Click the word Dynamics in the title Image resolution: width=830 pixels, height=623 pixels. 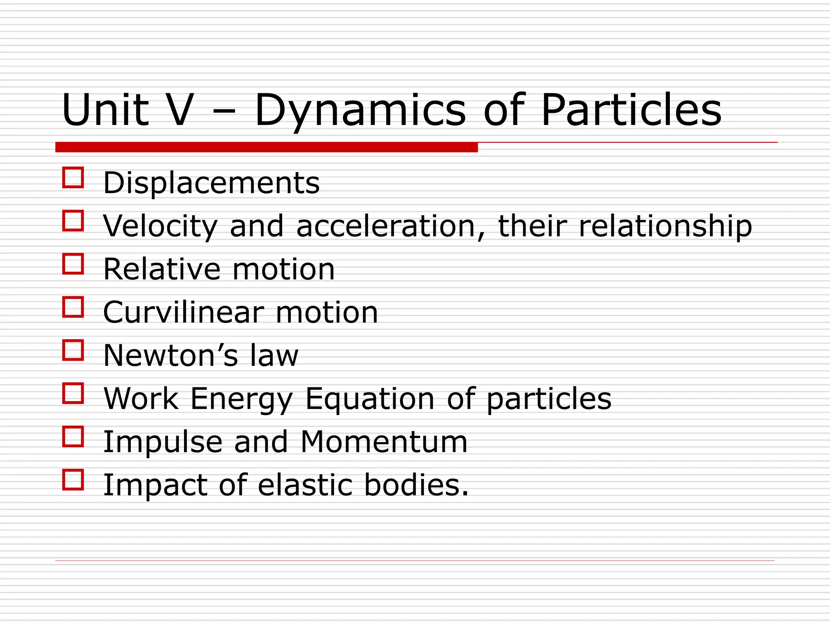(360, 110)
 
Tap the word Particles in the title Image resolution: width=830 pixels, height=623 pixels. (631, 110)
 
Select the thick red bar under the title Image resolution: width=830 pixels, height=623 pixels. (266, 147)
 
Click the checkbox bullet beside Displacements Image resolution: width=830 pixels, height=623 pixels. (73, 178)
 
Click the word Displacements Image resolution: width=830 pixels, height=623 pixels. (211, 183)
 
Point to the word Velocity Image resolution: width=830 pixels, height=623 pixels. (160, 226)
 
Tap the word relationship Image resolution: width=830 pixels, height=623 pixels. (665, 226)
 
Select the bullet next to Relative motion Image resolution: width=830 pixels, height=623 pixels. (73, 264)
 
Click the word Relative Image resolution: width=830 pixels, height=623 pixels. (162, 269)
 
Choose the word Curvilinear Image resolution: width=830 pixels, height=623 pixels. (183, 313)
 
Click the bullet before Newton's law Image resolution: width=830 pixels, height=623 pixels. (73, 350)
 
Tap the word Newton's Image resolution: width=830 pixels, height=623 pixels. (171, 356)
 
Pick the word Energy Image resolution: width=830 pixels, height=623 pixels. (241, 399)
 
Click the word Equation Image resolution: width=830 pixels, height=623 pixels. (370, 399)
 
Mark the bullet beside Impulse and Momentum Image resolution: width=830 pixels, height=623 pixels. (73, 436)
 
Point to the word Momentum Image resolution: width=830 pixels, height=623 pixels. (384, 442)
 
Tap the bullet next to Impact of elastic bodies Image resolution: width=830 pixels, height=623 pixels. (73, 480)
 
